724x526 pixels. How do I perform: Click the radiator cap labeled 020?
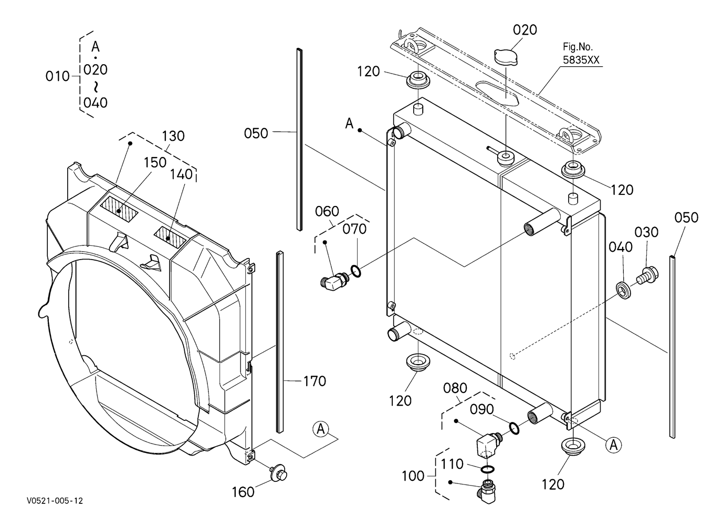pyautogui.click(x=506, y=57)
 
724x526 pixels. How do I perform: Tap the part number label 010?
pyautogui.click(x=57, y=77)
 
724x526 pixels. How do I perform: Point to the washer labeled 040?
pyautogui.click(x=624, y=291)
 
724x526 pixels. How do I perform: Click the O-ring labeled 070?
pyautogui.click(x=356, y=271)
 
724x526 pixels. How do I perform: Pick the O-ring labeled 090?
pyautogui.click(x=515, y=428)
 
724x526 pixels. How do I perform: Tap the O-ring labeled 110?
pyautogui.click(x=487, y=469)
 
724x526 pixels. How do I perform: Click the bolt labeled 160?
pyautogui.click(x=279, y=473)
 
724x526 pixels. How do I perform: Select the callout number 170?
pyautogui.click(x=314, y=381)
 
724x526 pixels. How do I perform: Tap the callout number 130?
pyautogui.click(x=173, y=136)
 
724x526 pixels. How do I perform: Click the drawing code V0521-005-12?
pyautogui.click(x=55, y=501)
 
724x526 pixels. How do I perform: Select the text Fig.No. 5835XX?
pyautogui.click(x=581, y=54)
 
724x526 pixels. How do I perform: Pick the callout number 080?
pyautogui.click(x=455, y=388)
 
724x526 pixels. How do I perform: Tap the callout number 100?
pyautogui.click(x=413, y=476)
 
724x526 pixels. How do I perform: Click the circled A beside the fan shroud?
pyautogui.click(x=321, y=429)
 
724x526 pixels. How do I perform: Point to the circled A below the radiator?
pyautogui.click(x=613, y=446)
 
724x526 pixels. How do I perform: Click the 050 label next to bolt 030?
pyautogui.click(x=686, y=218)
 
